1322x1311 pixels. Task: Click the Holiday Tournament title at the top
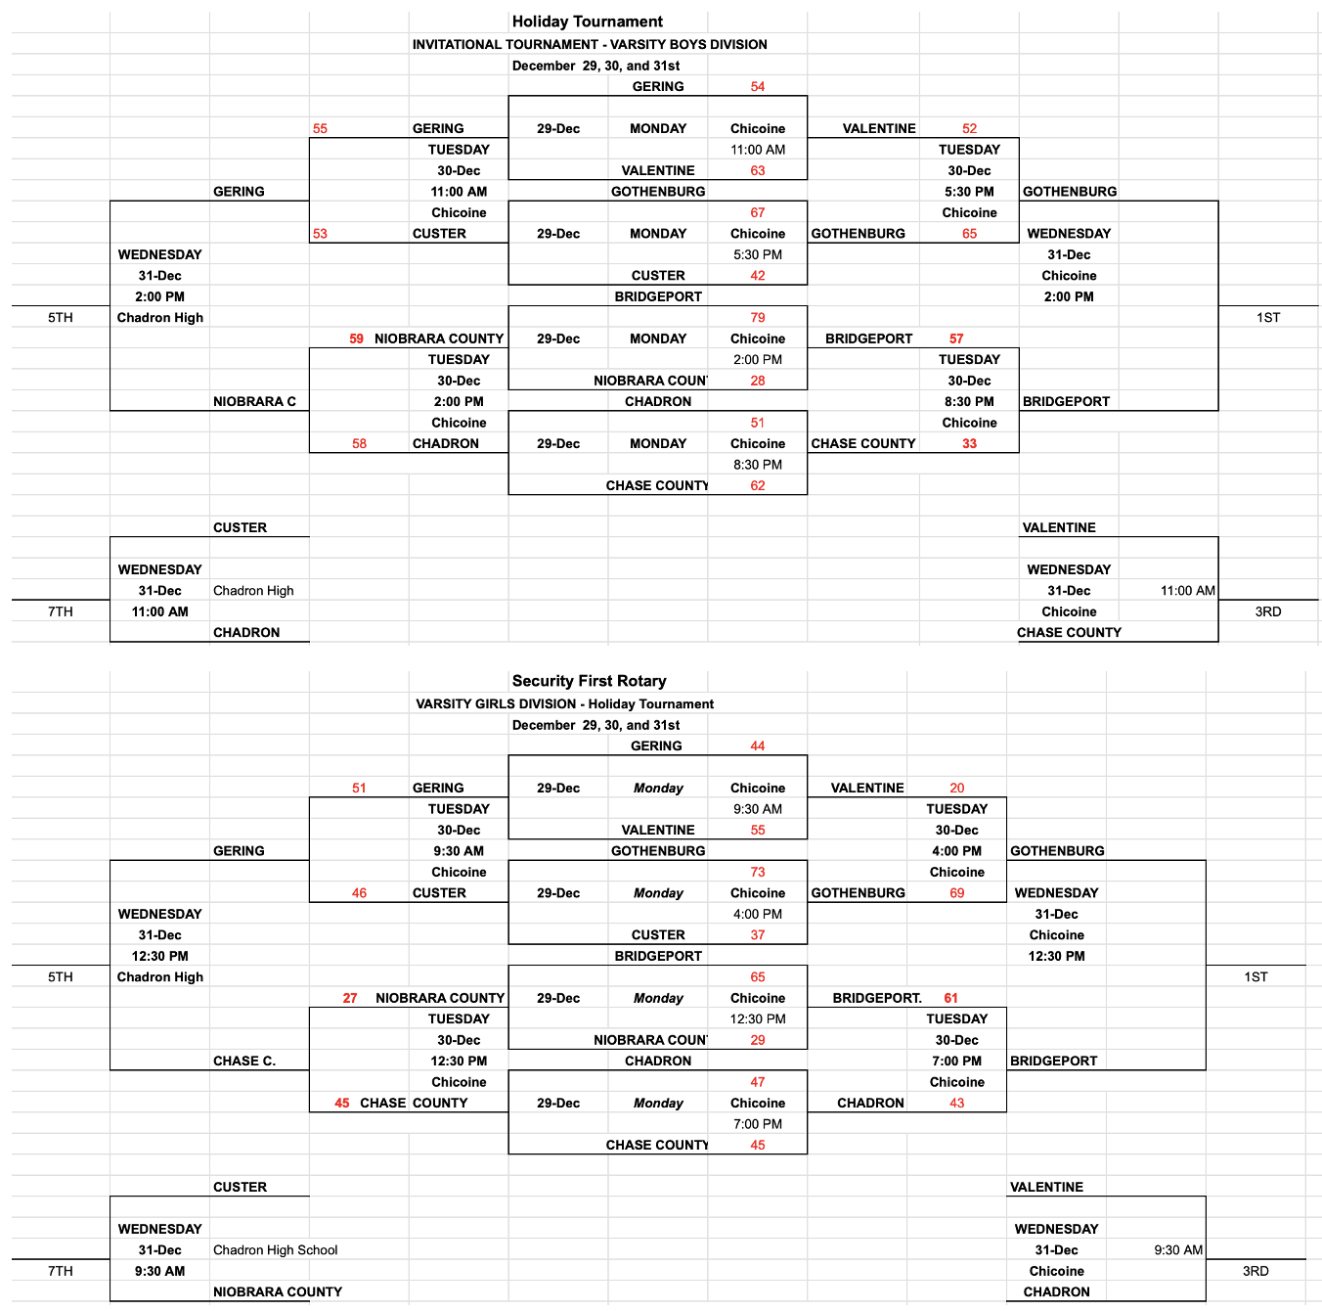tap(587, 22)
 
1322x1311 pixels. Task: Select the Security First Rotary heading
tap(589, 681)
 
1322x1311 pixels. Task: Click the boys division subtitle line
tap(589, 44)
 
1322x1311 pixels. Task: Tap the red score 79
tap(758, 317)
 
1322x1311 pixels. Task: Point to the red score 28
tap(758, 381)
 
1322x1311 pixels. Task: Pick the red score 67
tap(758, 212)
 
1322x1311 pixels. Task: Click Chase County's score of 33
tap(969, 443)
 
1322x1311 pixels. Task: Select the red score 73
tap(758, 872)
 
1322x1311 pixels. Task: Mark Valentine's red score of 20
tap(956, 788)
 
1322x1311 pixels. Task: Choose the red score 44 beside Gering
tap(758, 746)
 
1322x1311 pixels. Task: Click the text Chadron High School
tap(275, 1249)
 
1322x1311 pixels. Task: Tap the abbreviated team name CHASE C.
tap(244, 1061)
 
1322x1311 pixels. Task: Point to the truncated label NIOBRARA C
tap(254, 401)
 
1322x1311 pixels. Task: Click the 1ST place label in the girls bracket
tap(1256, 976)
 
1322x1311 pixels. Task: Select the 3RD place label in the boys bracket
tap(1267, 611)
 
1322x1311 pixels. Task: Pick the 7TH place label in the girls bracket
tap(61, 1271)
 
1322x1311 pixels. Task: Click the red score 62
tap(758, 485)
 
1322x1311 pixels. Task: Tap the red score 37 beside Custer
tap(758, 934)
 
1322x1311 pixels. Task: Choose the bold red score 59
tap(356, 339)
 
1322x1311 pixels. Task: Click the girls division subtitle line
tap(564, 703)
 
